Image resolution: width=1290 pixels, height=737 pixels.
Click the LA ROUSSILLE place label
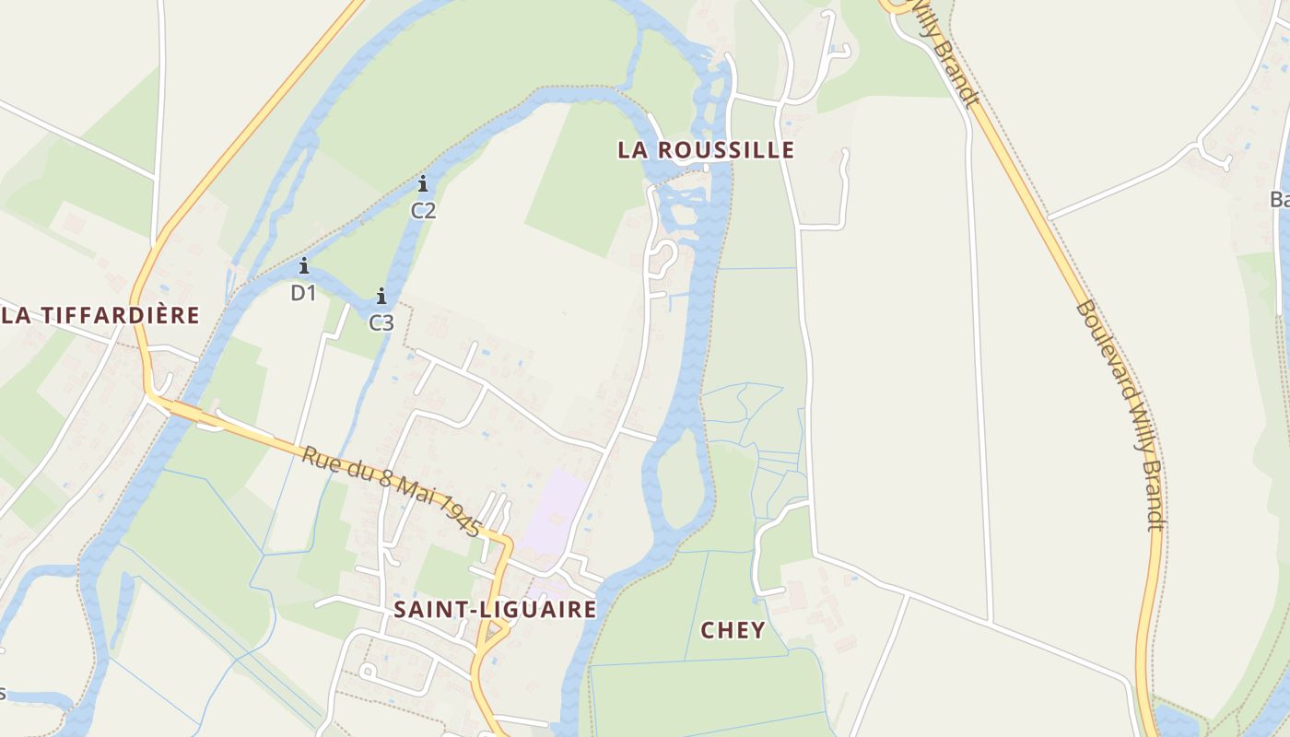[x=705, y=150]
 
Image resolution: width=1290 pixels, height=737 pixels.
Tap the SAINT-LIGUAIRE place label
[x=495, y=609]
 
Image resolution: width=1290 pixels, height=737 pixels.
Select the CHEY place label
[x=733, y=630]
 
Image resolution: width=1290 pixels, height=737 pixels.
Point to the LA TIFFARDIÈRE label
[x=100, y=315]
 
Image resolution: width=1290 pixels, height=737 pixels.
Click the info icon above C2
[x=423, y=183]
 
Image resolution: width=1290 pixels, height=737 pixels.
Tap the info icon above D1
[x=303, y=266]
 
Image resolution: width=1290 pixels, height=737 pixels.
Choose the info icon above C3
[x=381, y=296]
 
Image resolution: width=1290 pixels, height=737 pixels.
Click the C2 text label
[x=423, y=210]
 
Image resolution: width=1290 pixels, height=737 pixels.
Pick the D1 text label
[x=303, y=293]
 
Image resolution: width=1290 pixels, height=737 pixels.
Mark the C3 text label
[x=381, y=322]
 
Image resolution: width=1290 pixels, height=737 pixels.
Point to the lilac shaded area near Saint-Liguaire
[x=556, y=511]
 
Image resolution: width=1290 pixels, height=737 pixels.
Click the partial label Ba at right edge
[x=1279, y=199]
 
